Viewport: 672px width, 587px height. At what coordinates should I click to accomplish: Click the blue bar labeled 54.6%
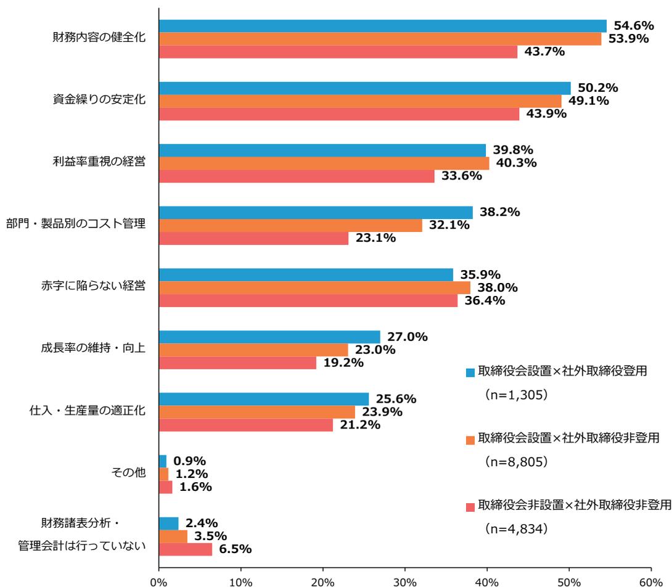coord(382,26)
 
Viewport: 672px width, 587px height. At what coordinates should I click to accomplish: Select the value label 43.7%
coord(544,52)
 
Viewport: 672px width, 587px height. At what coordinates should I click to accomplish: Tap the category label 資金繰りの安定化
coord(99,101)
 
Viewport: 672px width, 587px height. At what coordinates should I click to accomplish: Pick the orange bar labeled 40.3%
coord(324,163)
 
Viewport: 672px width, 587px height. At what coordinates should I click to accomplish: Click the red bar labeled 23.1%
coord(253,239)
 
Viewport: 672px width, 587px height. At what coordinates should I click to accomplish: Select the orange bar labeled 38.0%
coord(314,287)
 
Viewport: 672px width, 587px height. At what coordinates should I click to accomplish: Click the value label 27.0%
coord(408,337)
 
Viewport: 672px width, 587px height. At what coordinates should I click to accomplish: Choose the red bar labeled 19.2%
coord(237,363)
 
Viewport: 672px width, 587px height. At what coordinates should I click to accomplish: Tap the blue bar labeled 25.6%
coord(264,399)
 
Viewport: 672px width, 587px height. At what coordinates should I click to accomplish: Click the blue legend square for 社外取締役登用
coord(470,372)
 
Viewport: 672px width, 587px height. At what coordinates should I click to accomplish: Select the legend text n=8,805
coord(516,461)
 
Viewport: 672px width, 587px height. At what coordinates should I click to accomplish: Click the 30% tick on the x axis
coord(404,580)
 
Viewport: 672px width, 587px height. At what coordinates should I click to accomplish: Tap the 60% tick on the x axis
coord(650,580)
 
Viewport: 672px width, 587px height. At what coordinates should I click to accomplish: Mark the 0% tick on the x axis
coord(159,580)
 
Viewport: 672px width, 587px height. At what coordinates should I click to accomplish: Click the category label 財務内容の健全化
coord(99,38)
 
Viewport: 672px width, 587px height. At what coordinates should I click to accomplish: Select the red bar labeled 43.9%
coord(339,114)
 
